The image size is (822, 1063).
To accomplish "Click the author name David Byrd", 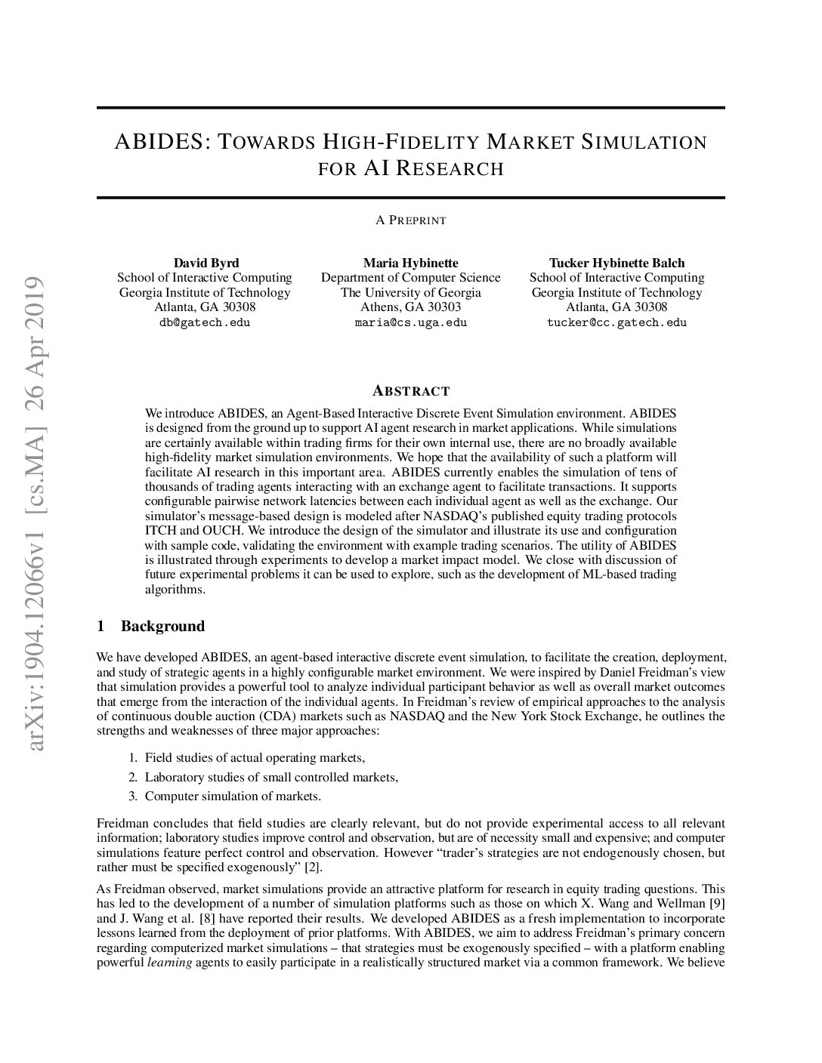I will coord(205,263).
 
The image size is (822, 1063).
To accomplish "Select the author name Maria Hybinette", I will coord(410,263).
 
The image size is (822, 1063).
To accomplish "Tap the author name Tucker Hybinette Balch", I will coord(616,263).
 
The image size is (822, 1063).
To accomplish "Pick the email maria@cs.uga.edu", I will coord(410,322).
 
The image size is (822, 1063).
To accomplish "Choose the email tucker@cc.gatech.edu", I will coord(616,322).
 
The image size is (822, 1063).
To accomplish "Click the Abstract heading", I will coord(411,391).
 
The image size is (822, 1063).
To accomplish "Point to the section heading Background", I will coord(162,626).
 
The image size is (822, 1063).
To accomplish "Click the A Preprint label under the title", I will coord(411,220).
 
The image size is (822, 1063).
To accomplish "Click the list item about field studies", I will coord(255,757).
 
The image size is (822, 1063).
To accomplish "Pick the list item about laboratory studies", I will coord(271,777).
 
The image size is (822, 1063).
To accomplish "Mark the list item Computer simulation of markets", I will coord(233,796).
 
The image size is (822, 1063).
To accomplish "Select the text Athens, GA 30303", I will coord(410,307).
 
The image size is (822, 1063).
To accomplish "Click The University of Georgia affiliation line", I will coord(410,292).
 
